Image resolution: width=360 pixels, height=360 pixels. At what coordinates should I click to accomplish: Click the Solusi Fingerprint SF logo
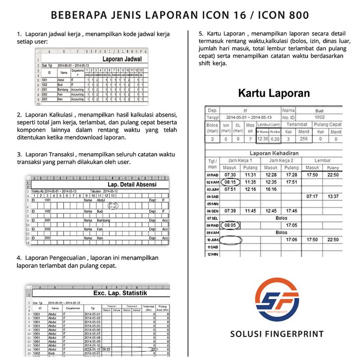coord(277,299)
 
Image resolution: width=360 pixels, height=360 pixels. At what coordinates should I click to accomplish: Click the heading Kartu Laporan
coord(274,93)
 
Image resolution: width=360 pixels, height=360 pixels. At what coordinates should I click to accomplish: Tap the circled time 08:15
coord(230,182)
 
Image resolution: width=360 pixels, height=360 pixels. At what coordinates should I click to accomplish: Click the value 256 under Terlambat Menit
coord(303,139)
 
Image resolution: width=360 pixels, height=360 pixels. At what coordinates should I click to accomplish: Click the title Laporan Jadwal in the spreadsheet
coord(121,59)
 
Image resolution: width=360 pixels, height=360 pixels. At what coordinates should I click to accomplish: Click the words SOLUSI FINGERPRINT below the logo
coord(277,334)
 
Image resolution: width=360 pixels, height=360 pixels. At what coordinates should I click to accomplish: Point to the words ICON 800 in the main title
coord(282,15)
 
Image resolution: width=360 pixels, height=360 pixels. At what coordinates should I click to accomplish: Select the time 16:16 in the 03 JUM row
coord(271,189)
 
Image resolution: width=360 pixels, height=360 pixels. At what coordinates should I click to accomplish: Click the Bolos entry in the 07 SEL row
coord(281,218)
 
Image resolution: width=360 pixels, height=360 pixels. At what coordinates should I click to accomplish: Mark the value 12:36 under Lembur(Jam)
coord(262,139)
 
